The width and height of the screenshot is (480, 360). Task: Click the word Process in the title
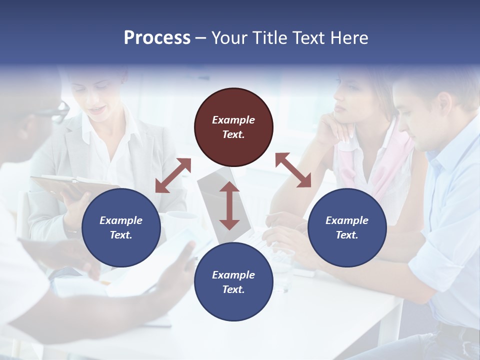point(157,38)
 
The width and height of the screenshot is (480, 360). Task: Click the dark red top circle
point(233,127)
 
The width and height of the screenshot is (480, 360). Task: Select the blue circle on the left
point(121,227)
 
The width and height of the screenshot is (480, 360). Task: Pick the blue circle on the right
point(347,227)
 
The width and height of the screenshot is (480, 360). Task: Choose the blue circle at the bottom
point(233,281)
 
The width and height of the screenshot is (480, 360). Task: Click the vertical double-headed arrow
point(229,205)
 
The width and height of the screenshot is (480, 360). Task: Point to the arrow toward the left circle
point(173,175)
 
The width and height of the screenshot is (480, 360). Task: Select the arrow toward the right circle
point(293,170)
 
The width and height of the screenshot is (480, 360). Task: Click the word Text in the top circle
point(233,134)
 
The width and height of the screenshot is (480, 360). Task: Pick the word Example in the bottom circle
point(233,274)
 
